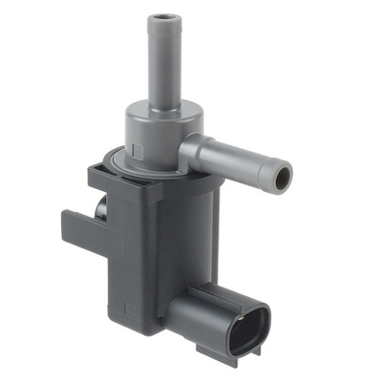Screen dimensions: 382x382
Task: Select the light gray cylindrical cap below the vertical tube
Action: point(153,134)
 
